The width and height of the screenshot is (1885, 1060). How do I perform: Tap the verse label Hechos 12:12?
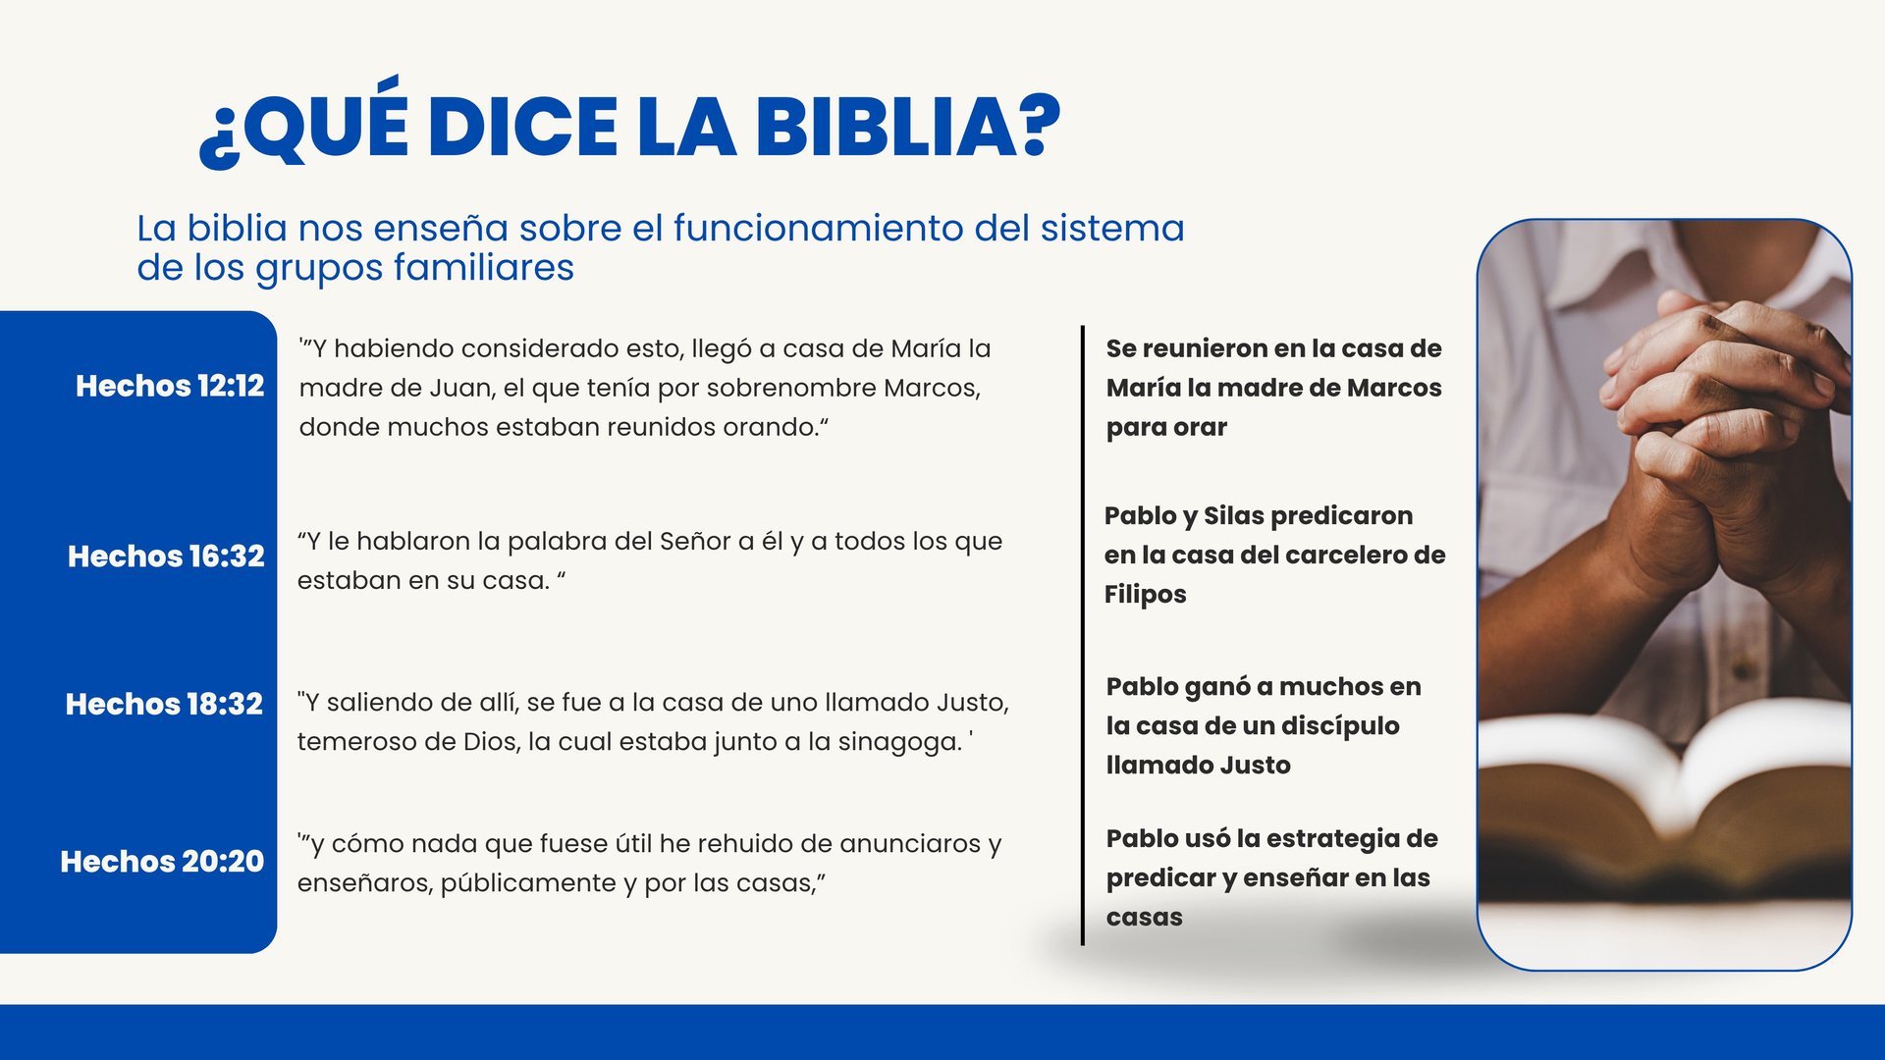(170, 386)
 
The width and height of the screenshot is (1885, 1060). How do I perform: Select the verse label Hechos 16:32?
(166, 556)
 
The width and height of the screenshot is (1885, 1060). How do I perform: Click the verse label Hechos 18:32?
(164, 704)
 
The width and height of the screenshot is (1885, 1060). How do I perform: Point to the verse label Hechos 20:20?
(162, 861)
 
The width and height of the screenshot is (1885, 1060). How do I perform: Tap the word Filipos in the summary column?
(1145, 594)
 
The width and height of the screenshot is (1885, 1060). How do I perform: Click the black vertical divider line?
(1083, 635)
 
